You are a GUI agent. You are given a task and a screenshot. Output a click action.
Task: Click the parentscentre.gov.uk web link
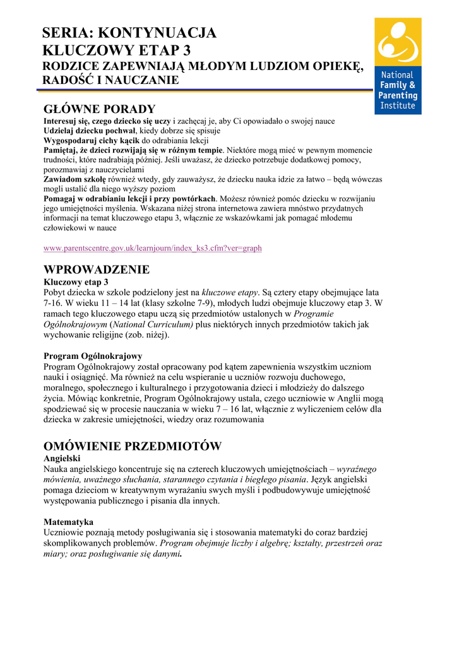tap(152, 248)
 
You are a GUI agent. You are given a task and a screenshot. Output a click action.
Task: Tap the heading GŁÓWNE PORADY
tap(98, 109)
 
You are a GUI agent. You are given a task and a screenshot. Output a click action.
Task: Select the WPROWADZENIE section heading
tap(97, 269)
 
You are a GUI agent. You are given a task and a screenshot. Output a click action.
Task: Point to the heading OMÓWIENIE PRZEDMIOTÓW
tap(133, 447)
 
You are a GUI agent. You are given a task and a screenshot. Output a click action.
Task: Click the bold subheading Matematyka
tap(68, 522)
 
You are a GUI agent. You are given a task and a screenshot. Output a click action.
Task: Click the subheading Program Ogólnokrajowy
tap(93, 356)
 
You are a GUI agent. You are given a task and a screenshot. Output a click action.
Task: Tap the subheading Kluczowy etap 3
tap(76, 282)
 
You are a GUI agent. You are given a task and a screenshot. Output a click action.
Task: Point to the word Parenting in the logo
tap(398, 95)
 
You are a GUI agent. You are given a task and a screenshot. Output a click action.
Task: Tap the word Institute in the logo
tap(397, 105)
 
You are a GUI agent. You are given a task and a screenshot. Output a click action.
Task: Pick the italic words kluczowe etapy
tap(230, 293)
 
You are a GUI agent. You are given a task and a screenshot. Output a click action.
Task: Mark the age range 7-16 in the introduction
tap(53, 303)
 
